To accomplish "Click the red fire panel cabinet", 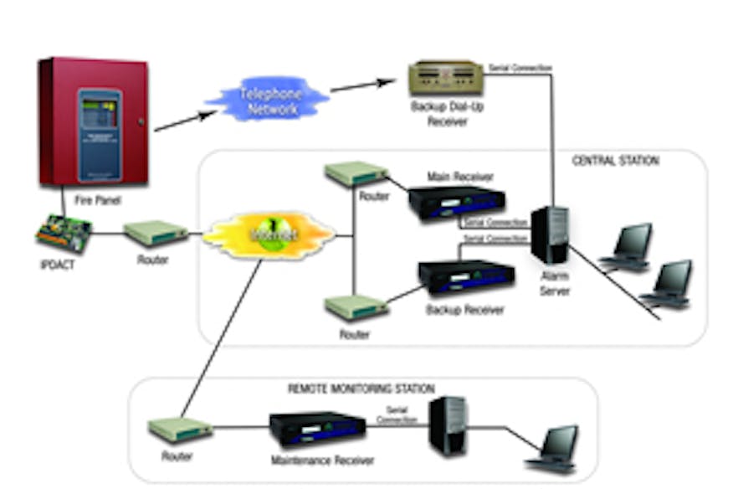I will point(93,121).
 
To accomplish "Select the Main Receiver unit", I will point(457,202).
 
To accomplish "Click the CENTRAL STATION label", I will point(615,161).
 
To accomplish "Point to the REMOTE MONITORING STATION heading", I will point(361,389).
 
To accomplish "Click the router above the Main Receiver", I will point(356,174).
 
